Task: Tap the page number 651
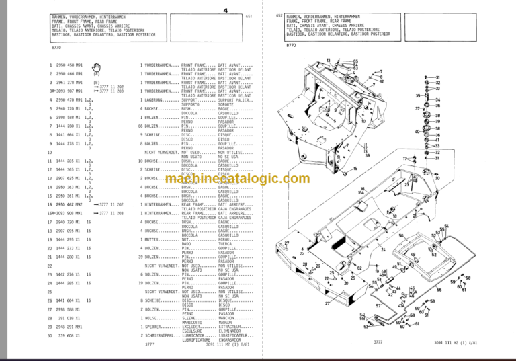click(x=249, y=16)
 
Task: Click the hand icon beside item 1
click(x=97, y=65)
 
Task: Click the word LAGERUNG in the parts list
click(x=157, y=99)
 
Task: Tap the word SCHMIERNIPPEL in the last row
click(x=163, y=334)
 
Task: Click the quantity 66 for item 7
click(x=139, y=126)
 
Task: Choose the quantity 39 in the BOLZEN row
click(x=139, y=256)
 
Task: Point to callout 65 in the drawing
click(x=356, y=58)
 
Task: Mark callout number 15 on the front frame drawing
click(x=354, y=168)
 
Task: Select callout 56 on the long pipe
click(x=439, y=290)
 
